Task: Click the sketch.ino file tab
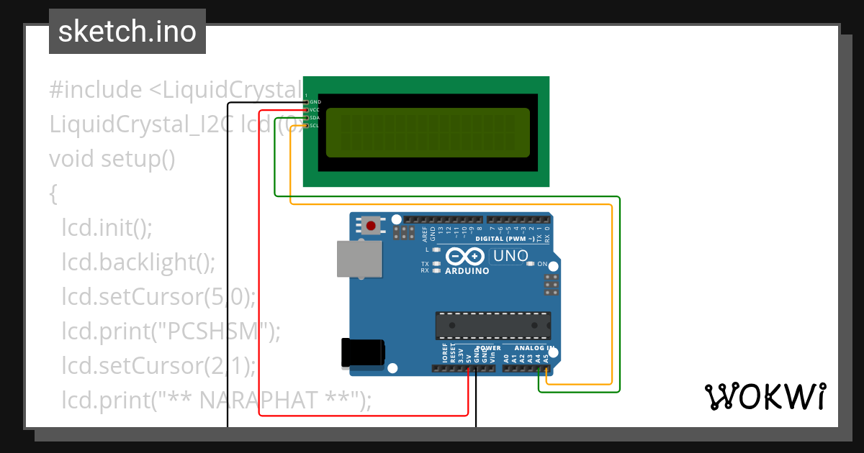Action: click(127, 32)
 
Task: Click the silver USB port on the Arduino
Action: click(359, 259)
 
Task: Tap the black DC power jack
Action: click(362, 353)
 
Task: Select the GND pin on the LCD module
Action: click(307, 102)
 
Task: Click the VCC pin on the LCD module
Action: click(307, 110)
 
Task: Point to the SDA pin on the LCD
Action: click(307, 118)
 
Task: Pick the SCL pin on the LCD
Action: click(307, 126)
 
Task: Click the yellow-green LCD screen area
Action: click(428, 132)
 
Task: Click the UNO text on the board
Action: click(510, 256)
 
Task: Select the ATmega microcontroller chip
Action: click(492, 325)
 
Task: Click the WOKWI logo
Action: click(765, 396)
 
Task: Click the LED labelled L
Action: click(436, 250)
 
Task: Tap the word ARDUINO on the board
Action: click(467, 272)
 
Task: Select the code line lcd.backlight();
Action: click(138, 262)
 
